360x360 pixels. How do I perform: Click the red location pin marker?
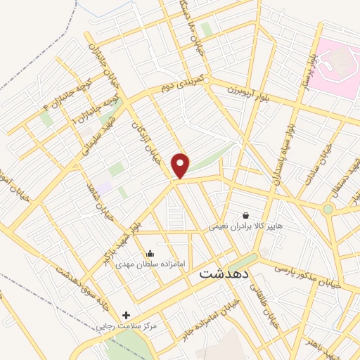(181, 166)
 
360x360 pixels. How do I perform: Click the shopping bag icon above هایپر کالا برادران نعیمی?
(245, 215)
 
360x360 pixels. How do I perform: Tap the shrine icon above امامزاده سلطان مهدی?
(149, 254)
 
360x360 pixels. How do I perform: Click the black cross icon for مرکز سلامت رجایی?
(127, 315)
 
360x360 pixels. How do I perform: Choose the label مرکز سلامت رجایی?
(127, 326)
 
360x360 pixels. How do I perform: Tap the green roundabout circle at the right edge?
(328, 209)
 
